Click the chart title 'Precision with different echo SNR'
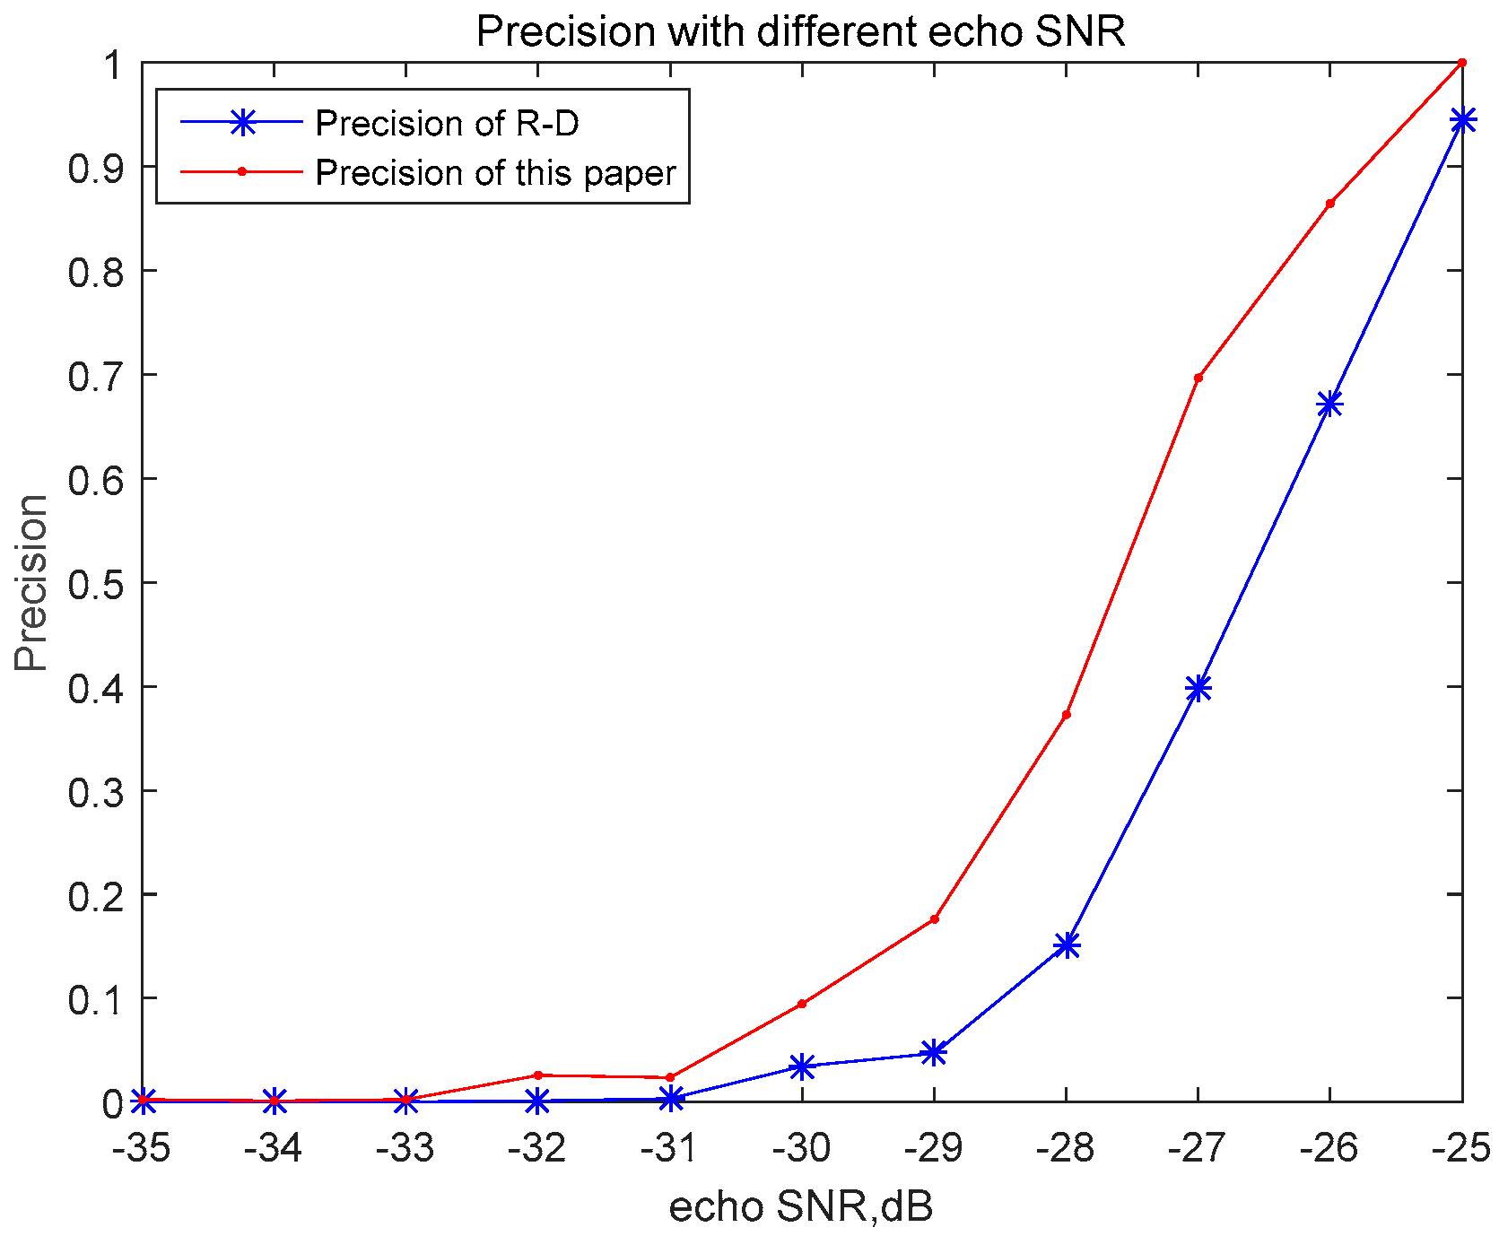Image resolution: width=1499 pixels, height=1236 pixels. click(799, 31)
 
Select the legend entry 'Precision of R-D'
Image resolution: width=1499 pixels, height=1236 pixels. click(447, 124)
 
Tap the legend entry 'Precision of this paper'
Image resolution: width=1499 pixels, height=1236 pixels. click(495, 172)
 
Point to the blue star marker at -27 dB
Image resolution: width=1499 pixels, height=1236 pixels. click(1198, 688)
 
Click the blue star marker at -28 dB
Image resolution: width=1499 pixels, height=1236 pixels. click(1067, 944)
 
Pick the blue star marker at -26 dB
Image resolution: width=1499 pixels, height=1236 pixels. click(1329, 405)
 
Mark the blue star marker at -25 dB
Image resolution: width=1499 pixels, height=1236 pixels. click(1461, 120)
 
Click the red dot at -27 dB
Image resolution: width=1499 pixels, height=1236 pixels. click(1198, 378)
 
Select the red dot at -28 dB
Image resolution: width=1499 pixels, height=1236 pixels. click(1067, 715)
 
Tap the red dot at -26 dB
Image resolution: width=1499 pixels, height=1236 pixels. click(1329, 204)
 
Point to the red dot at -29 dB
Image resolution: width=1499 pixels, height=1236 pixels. click(935, 918)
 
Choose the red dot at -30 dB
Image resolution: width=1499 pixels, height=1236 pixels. click(802, 1004)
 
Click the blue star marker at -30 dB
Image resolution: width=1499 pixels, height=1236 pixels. click(802, 1066)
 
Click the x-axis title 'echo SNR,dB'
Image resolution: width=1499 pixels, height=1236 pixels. click(801, 1207)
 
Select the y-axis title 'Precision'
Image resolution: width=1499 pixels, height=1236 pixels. click(31, 582)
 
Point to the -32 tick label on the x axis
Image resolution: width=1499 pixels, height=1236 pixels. click(538, 1149)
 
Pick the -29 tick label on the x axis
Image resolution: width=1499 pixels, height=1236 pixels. click(934, 1149)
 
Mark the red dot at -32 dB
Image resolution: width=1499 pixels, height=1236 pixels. click(537, 1075)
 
